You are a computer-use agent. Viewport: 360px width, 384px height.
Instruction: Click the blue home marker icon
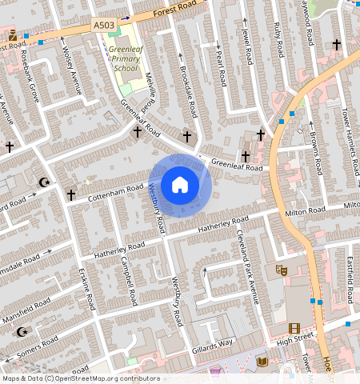[x=180, y=185]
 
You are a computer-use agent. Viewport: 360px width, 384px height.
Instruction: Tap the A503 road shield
[x=103, y=26]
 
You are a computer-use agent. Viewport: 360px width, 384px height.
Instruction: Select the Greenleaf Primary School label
[x=126, y=58]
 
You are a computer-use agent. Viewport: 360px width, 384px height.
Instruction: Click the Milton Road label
[x=306, y=210]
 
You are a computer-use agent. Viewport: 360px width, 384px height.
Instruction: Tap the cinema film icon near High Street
[x=294, y=327]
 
